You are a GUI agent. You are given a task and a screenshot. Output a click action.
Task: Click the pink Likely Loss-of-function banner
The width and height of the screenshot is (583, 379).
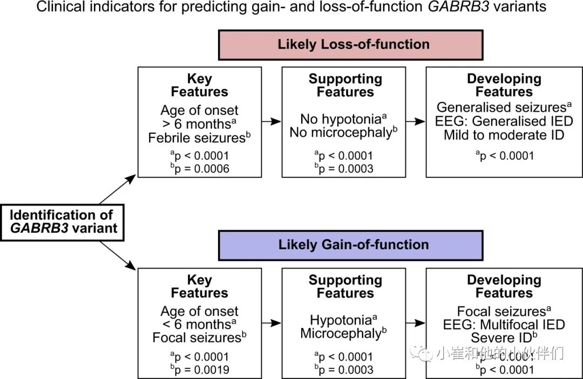(x=350, y=44)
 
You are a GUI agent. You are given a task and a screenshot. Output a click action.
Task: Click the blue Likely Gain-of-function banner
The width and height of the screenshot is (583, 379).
(x=350, y=245)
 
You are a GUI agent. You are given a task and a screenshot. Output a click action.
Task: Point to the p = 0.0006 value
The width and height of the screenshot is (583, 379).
(x=199, y=169)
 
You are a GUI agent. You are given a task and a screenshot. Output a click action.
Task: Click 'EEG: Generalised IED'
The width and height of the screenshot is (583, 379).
(x=504, y=121)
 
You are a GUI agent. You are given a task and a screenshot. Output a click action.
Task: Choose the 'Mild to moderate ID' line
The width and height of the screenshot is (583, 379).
(x=504, y=135)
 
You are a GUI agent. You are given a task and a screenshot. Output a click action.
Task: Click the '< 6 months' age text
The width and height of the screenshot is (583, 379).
(x=198, y=325)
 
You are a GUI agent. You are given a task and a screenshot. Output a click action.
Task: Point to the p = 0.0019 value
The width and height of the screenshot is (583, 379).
(x=199, y=370)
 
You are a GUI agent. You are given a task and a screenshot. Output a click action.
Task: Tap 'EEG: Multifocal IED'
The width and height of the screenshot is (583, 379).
(x=504, y=325)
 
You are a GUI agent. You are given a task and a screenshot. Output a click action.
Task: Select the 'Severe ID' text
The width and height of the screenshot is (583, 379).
(x=503, y=338)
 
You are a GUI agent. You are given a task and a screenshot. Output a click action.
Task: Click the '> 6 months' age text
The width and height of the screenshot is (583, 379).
(x=198, y=124)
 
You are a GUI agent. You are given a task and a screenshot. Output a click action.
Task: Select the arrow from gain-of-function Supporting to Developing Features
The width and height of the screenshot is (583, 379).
(x=416, y=323)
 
